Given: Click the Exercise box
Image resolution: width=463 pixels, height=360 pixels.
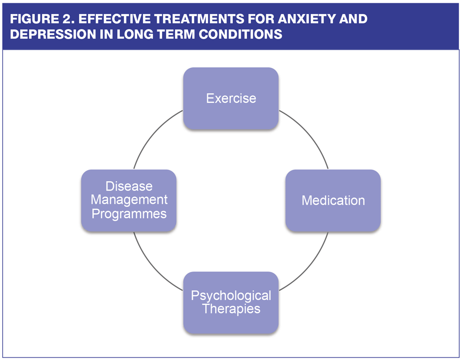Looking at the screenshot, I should (x=231, y=98).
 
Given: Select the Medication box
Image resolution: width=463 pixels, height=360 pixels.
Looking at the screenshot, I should (x=333, y=200).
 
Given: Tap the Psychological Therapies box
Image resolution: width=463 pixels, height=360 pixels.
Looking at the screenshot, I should (x=231, y=302).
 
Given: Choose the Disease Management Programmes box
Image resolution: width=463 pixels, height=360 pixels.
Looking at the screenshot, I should (x=129, y=200).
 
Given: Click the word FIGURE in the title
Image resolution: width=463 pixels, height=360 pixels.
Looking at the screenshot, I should (x=35, y=19).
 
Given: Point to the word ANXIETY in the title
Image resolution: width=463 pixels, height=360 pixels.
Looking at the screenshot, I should (x=309, y=19).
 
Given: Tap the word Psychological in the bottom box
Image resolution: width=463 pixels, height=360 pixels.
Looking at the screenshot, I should (x=231, y=296).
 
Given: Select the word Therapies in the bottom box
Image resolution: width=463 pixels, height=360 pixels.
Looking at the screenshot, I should (x=231, y=309).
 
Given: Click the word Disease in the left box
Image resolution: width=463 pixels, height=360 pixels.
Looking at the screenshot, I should (x=129, y=187).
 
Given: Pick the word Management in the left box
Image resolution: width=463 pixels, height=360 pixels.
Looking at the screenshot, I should (x=129, y=200).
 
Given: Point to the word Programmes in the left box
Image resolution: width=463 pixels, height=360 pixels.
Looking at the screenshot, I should (x=129, y=214).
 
